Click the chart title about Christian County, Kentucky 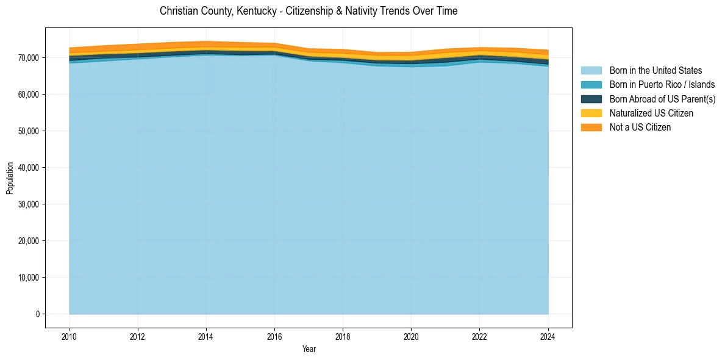[309, 11]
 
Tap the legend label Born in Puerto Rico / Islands [662, 85]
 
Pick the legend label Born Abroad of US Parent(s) [662, 99]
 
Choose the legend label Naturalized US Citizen [651, 113]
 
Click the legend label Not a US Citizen [640, 128]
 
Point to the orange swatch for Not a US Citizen [591, 128]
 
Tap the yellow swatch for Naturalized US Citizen [591, 113]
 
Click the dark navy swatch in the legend [591, 99]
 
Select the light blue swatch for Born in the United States [591, 71]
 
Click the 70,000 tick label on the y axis [29, 58]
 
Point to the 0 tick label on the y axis [37, 314]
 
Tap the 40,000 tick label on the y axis [29, 168]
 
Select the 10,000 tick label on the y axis [29, 278]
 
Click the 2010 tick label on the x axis [70, 336]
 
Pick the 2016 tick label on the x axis [274, 336]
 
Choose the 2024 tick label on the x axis [548, 336]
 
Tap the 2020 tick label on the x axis [412, 336]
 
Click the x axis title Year [309, 349]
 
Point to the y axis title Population [10, 178]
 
